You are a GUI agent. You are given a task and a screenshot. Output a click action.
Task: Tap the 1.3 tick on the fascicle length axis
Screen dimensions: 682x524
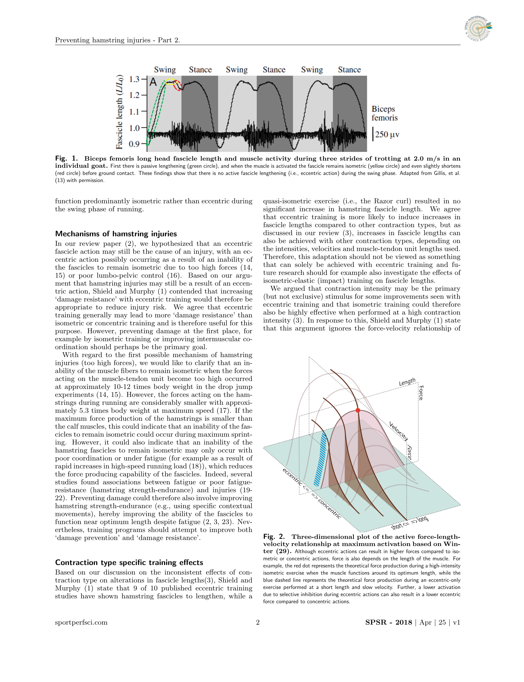pos(134,79)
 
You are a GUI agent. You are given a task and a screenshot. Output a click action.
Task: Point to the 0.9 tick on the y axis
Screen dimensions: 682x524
pos(134,144)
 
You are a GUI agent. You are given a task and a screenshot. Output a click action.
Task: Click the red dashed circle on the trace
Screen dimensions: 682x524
pos(178,85)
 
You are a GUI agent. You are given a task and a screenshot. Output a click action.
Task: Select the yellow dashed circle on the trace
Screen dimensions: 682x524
pos(170,82)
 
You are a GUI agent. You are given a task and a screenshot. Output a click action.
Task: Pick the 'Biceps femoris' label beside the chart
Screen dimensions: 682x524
pos(384,113)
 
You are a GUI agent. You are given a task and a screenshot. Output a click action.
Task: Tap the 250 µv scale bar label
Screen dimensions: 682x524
pos(387,134)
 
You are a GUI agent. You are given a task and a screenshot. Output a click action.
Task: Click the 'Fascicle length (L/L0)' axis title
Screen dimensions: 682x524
pos(119,112)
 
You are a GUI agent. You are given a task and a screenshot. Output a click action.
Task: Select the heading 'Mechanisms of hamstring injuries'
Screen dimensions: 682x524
pos(116,234)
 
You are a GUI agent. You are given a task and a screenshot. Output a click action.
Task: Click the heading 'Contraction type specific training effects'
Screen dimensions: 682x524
pos(129,562)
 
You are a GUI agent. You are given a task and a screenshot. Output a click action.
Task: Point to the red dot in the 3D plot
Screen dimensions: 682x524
pos(358,411)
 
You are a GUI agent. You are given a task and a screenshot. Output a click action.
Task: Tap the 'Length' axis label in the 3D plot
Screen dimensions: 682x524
pos(407,382)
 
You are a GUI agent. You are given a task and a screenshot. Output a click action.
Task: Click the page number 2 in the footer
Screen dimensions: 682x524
pos(258,623)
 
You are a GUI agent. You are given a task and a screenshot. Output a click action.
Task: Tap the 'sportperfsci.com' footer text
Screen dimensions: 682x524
pos(81,623)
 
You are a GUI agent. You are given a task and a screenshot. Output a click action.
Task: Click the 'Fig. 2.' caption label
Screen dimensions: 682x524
pos(274,536)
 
